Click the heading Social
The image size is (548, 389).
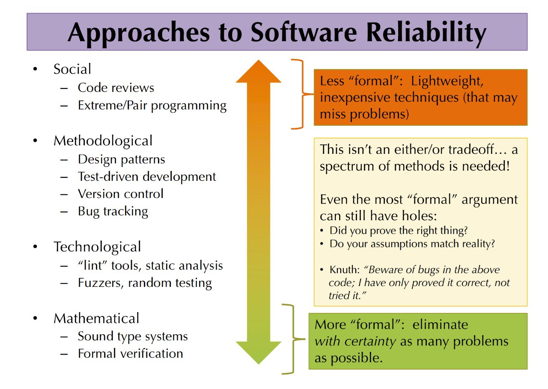72,69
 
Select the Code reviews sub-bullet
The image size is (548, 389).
116,88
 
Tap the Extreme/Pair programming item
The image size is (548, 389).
152,106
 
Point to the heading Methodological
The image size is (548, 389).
103,141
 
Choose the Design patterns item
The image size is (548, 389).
121,159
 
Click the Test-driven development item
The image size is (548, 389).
147,177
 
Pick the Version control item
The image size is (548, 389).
120,194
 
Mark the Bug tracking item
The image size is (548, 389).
113,211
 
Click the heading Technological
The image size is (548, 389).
97,247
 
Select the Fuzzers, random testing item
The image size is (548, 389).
145,283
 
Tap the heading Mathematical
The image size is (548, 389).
96,318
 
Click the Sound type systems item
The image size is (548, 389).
133,336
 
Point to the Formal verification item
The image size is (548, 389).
131,354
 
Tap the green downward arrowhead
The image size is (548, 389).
259,352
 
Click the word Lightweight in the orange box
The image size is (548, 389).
447,81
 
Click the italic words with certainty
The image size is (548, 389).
355,342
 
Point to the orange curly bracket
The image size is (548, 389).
303,94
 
